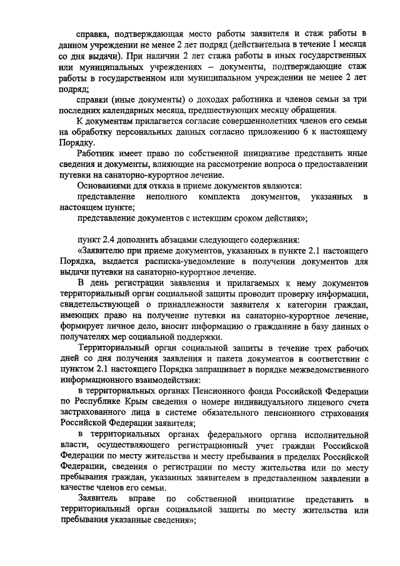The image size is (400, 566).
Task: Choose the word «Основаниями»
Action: (109, 186)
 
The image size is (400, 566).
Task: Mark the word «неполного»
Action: (167, 197)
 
